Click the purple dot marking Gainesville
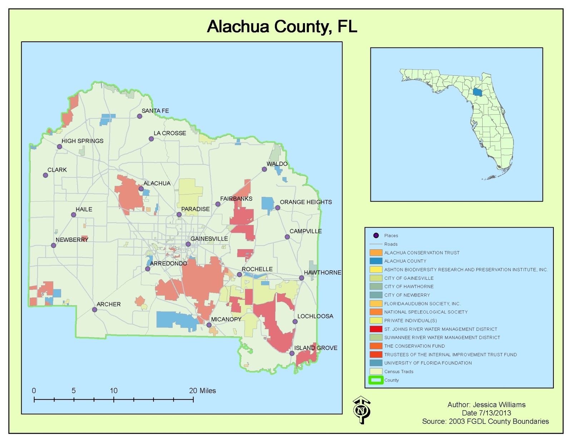188,244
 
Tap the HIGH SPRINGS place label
82,141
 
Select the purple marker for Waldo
265,169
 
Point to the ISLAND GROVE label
316,348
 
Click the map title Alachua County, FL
282,27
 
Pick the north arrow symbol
361,410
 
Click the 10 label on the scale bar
114,391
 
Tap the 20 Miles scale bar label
202,391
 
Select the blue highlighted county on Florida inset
477,92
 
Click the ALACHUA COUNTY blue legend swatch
376,261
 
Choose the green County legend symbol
376,380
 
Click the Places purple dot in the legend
376,235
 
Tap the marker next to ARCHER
95,310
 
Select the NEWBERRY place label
72,240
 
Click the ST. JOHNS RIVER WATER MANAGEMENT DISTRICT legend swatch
376,329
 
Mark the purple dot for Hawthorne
301,278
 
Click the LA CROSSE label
170,133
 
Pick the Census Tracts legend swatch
376,372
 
